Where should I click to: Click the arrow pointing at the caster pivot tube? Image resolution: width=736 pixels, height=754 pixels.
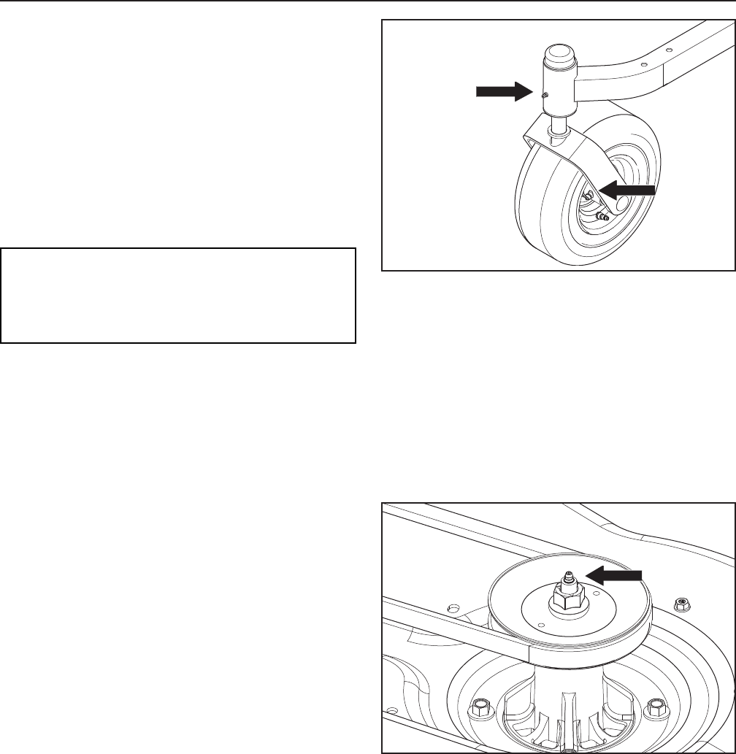503,91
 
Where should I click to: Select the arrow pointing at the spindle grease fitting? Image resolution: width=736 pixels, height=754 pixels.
615,574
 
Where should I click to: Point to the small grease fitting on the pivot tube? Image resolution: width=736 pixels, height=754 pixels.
544,95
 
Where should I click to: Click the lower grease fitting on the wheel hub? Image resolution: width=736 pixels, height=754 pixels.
603,217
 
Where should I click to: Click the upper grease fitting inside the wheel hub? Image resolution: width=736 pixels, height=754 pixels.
588,196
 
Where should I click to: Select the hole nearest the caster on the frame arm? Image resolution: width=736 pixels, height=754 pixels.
643,64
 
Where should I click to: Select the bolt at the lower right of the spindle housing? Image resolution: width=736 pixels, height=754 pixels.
655,707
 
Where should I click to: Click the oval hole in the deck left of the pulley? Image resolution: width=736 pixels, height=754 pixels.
453,607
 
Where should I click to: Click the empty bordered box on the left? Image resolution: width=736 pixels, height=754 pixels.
178,296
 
